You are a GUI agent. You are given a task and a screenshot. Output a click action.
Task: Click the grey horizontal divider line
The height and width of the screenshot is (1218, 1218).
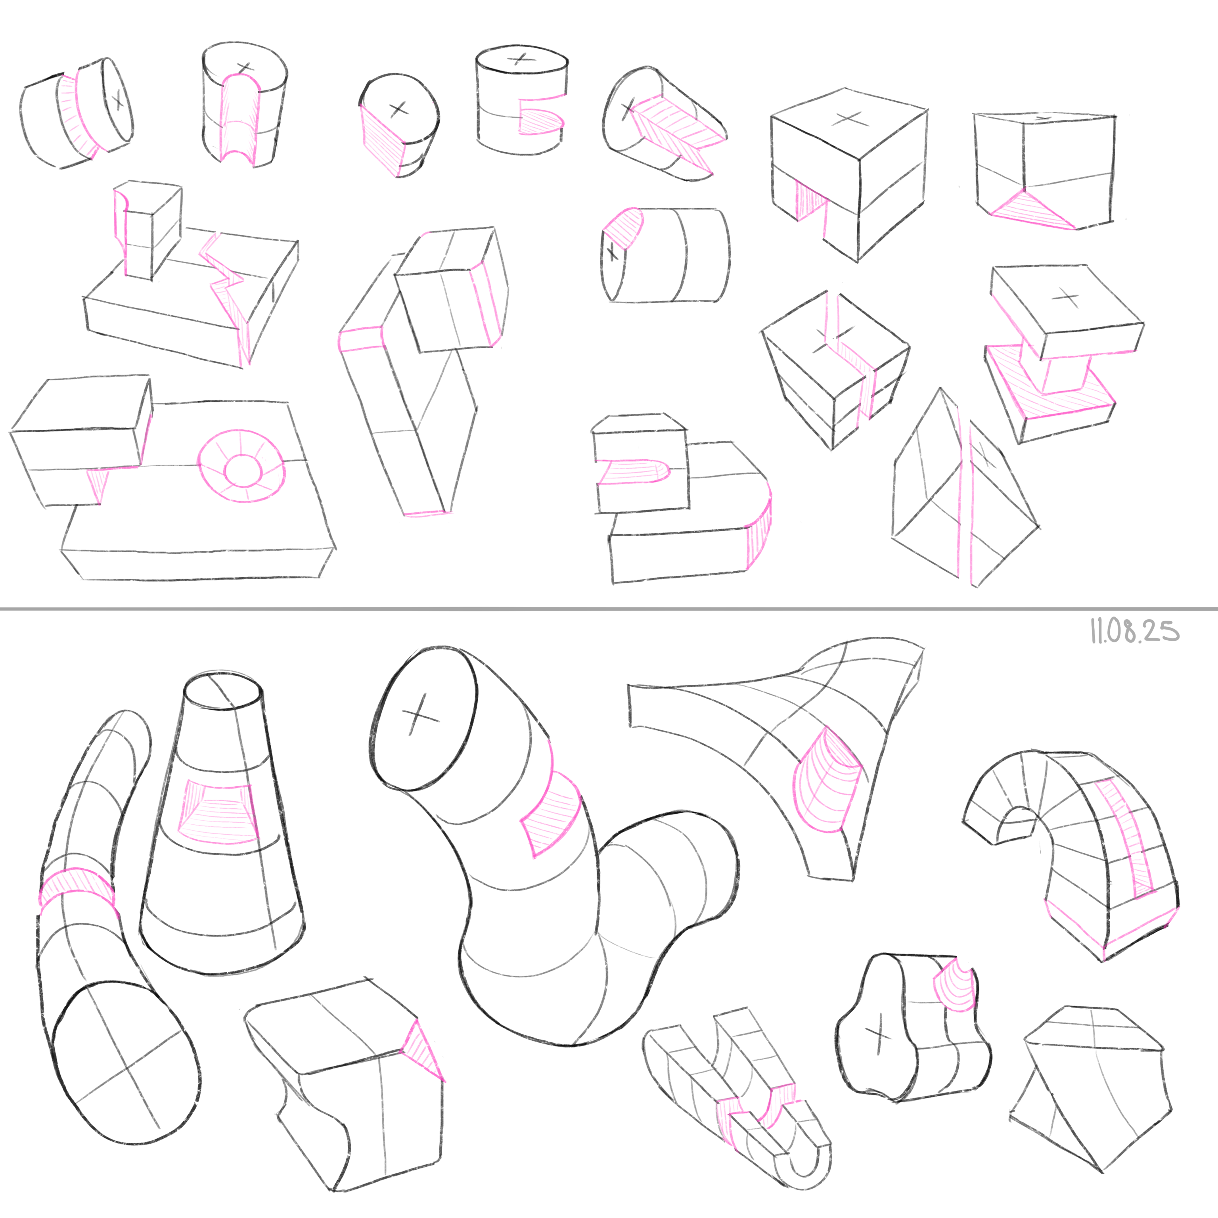pyautogui.click(x=609, y=608)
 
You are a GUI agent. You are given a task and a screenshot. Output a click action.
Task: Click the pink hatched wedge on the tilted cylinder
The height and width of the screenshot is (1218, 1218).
pyautogui.click(x=674, y=132)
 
